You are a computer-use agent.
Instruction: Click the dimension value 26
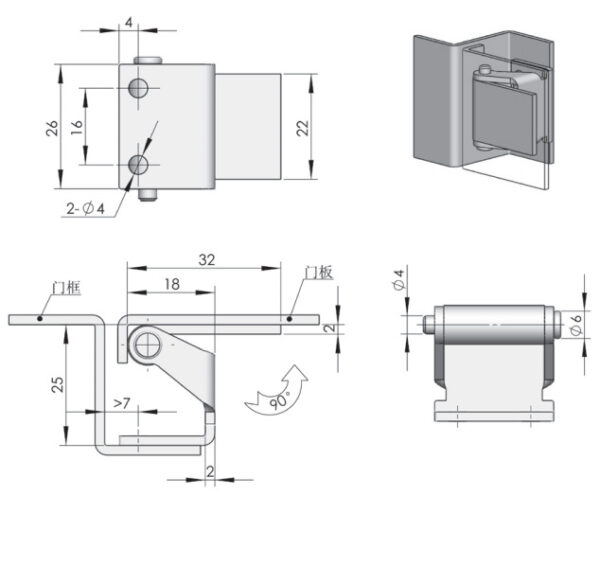[x=52, y=126]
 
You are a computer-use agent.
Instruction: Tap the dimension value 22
[x=303, y=126]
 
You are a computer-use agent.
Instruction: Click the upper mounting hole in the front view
[x=140, y=89]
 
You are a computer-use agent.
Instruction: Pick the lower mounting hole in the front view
[x=140, y=164]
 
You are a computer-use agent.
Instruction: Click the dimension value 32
[x=206, y=259]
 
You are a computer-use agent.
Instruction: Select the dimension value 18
[x=171, y=284]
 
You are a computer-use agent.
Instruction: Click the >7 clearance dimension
[x=121, y=403]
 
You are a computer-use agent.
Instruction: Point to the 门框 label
[x=66, y=290]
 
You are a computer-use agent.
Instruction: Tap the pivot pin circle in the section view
[x=148, y=344]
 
